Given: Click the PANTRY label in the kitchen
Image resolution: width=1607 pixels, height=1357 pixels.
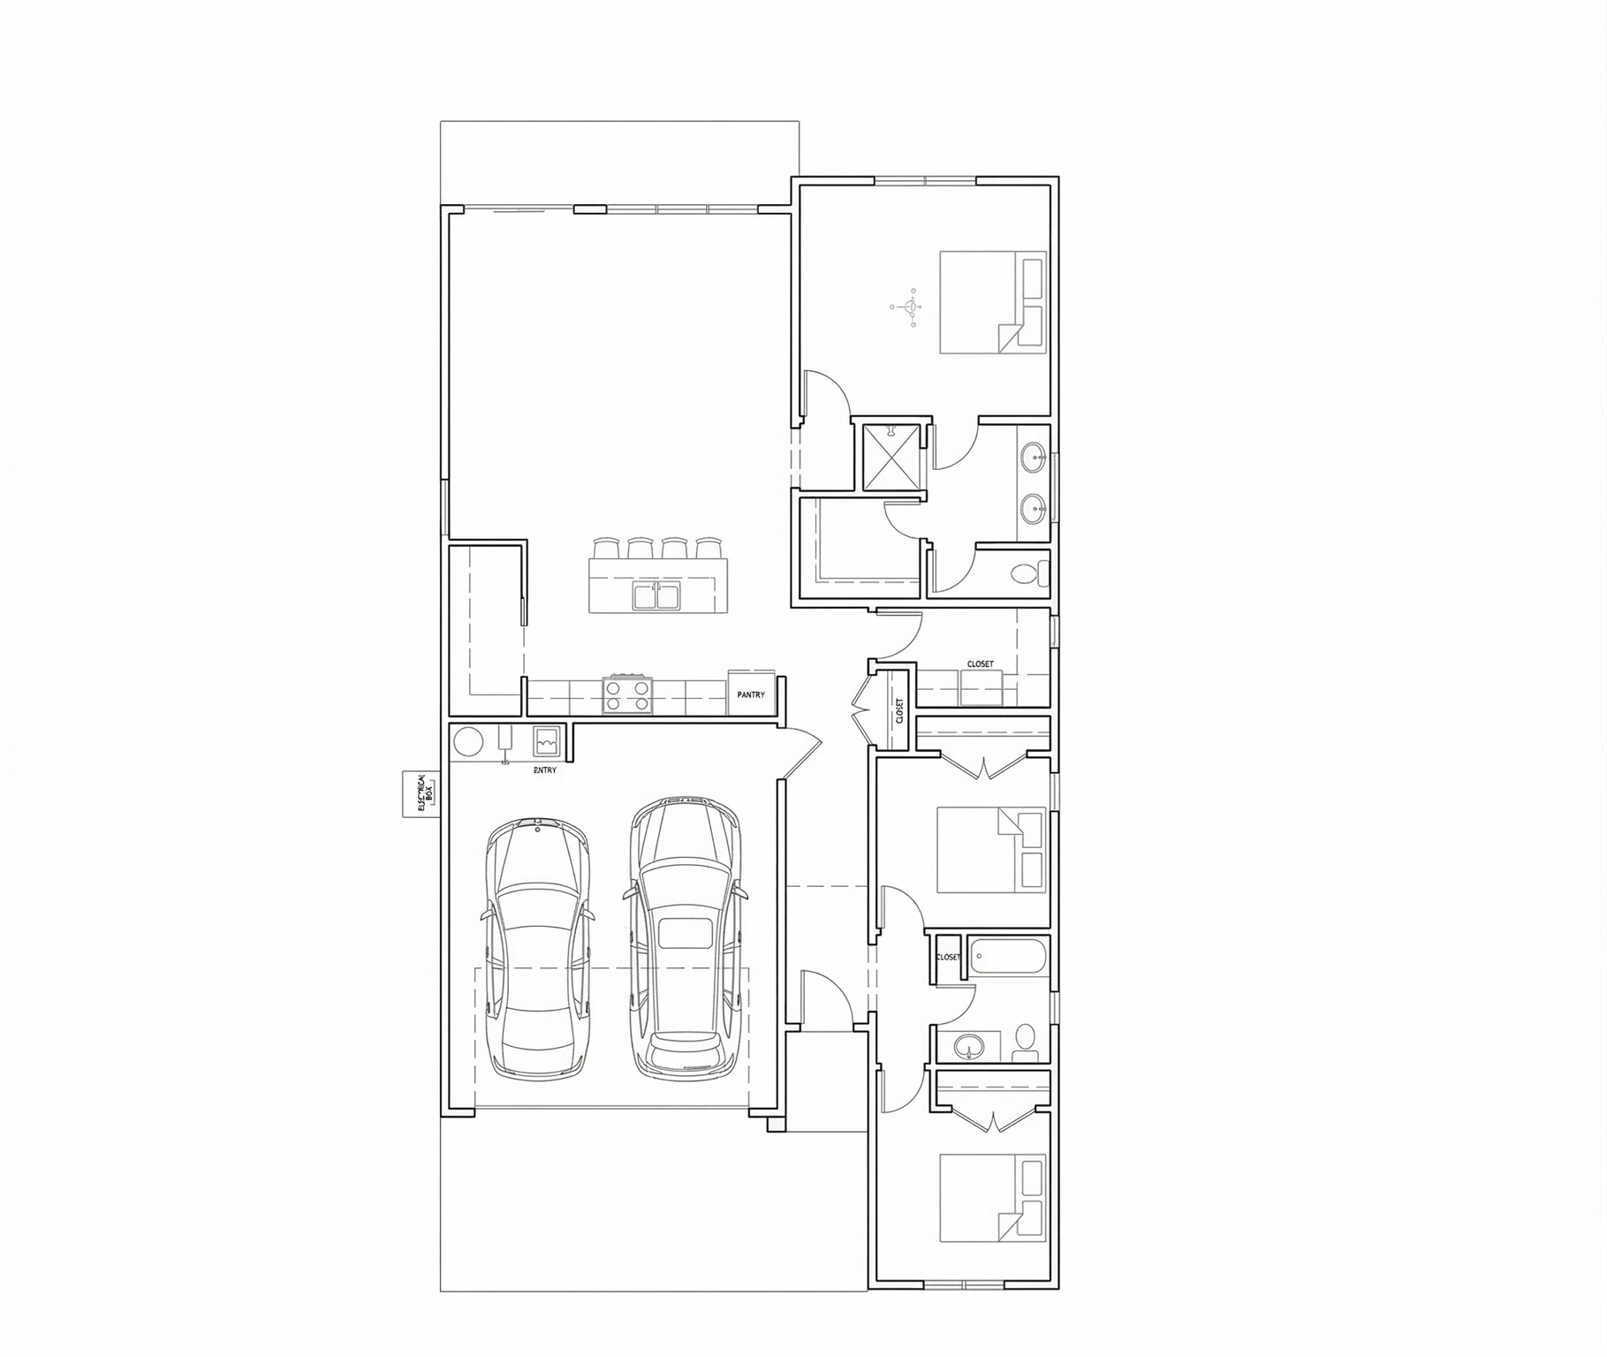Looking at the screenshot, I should tap(751, 695).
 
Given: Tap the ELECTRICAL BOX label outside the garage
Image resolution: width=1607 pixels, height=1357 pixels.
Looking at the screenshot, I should tap(421, 793).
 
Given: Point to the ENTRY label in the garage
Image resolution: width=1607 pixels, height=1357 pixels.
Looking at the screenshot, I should tap(545, 770).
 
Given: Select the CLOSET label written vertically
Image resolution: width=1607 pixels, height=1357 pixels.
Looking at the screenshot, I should tap(899, 710).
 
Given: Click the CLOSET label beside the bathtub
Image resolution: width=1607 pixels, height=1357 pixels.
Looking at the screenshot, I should tap(947, 957).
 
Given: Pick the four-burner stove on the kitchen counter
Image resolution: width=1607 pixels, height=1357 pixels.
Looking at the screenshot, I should tap(628, 694).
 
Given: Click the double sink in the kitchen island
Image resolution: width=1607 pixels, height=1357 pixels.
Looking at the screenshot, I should tap(656, 596).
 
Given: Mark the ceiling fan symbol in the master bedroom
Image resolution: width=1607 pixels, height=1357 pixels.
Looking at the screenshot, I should tap(909, 307).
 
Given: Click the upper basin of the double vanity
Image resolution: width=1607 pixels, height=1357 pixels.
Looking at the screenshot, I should tap(1033, 457).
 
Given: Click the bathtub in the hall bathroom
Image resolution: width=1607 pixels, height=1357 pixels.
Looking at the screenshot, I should tap(1008, 956).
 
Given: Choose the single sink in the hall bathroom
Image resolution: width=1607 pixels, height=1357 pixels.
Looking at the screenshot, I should tap(969, 1047).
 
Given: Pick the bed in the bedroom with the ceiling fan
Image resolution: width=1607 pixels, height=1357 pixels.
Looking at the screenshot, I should tap(992, 302).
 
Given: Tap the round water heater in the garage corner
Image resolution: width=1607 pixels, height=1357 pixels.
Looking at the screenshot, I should tap(468, 741).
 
